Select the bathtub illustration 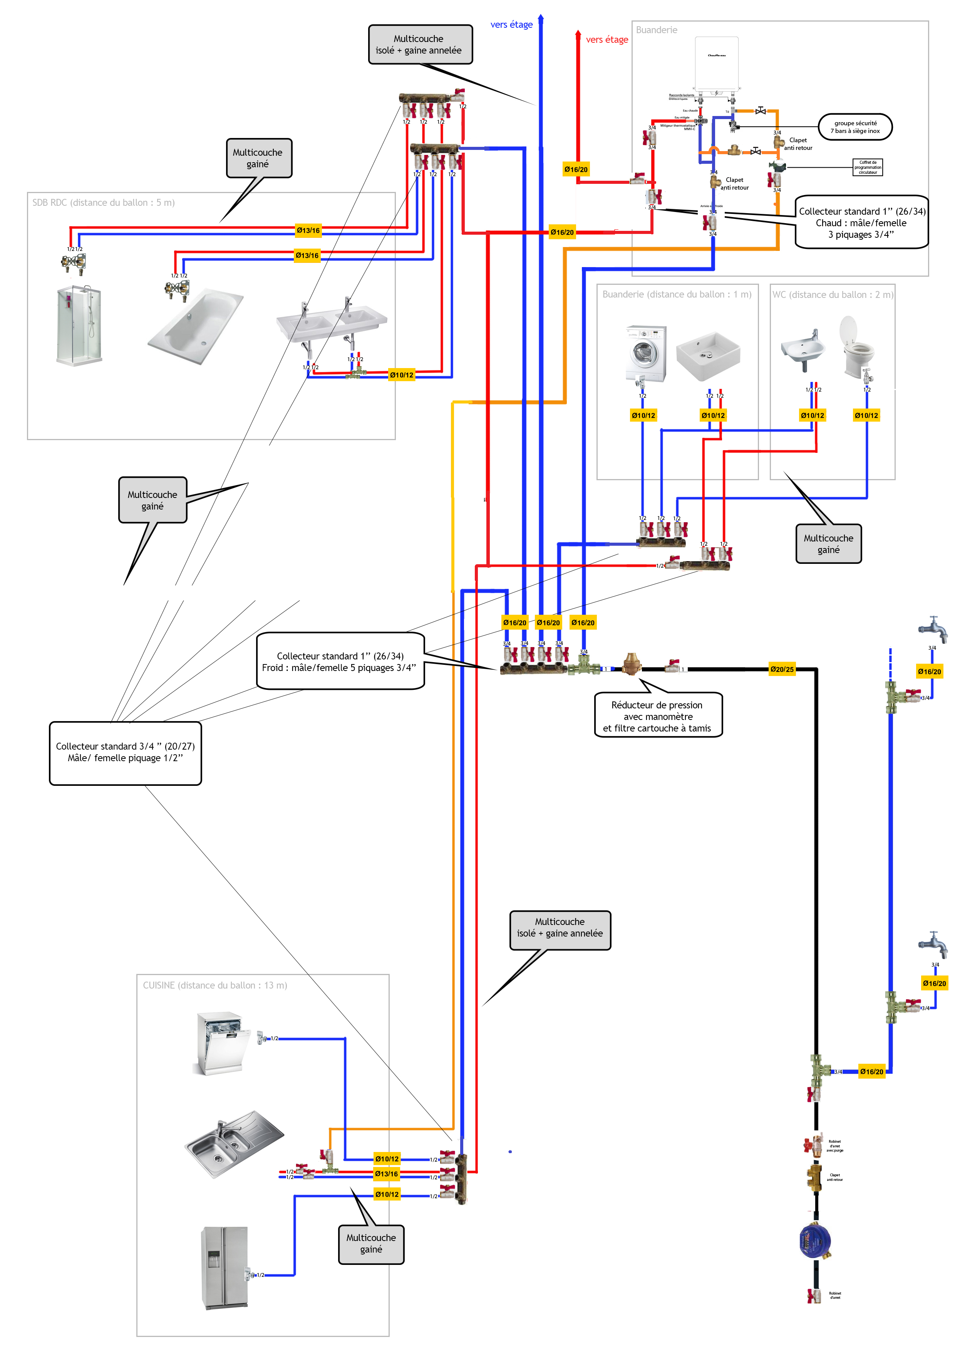coord(195,326)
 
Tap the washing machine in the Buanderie coord(645,353)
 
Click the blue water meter coord(816,1240)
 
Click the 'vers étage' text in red coord(607,39)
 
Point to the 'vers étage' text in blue coord(511,25)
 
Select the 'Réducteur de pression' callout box coord(658,716)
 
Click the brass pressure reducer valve coord(632,664)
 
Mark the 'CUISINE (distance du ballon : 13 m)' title coord(215,985)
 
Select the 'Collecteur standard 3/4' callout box coord(125,753)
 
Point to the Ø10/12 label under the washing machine coord(643,415)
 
